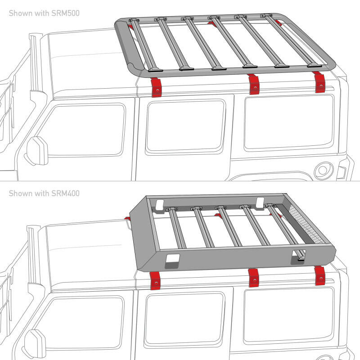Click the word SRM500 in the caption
tap(66, 13)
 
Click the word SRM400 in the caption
tap(66, 193)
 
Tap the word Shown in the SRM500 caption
tap(20, 13)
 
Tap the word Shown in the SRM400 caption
tap(20, 193)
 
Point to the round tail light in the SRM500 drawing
tap(323, 170)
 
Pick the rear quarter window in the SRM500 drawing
tap(288, 121)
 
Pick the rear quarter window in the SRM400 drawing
tap(288, 313)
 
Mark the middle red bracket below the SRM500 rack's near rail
tap(254, 84)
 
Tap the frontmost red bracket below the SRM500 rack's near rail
tap(156, 87)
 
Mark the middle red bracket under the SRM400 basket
tap(253, 277)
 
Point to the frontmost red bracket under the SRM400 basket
tap(156, 280)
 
